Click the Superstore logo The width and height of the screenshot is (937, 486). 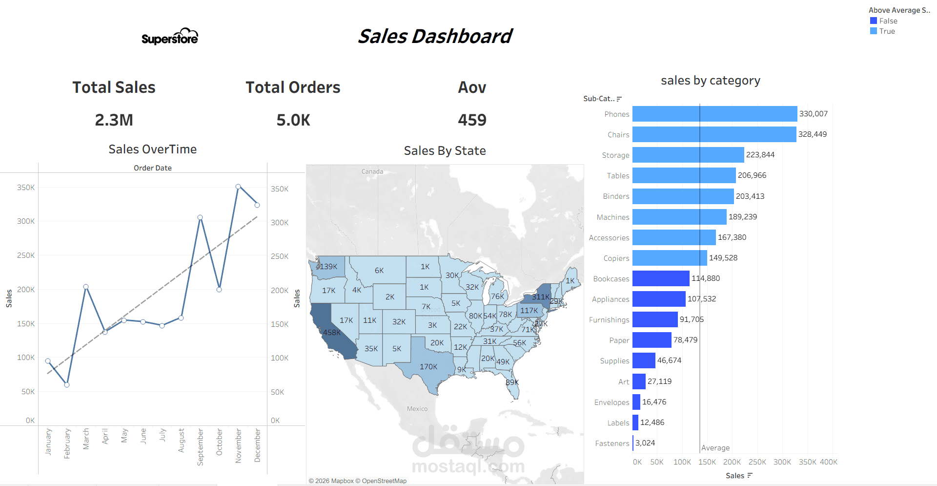tap(170, 37)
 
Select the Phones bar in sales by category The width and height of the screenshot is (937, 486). tap(714, 114)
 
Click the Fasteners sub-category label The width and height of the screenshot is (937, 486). tap(612, 444)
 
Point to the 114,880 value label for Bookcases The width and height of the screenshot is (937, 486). tap(706, 278)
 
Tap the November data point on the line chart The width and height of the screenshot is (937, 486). tap(238, 187)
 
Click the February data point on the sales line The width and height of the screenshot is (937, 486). tap(67, 385)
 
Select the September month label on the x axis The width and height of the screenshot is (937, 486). tap(200, 447)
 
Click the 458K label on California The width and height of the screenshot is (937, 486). tap(332, 333)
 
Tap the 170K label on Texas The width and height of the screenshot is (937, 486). tap(428, 367)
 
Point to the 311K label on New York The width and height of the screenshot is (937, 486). tap(541, 297)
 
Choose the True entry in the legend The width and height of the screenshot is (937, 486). tap(887, 31)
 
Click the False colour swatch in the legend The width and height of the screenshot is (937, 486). tap(874, 21)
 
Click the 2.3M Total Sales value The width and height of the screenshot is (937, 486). tap(114, 120)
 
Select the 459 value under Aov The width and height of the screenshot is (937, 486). tap(472, 120)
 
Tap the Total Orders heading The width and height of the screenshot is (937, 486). tap(293, 87)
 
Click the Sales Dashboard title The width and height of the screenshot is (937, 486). tap(435, 36)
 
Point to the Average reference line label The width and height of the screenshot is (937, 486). tap(715, 448)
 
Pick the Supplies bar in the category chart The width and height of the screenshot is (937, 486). tap(644, 360)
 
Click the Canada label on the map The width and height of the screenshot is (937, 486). tap(372, 171)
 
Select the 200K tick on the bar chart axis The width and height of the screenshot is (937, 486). tap(732, 462)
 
